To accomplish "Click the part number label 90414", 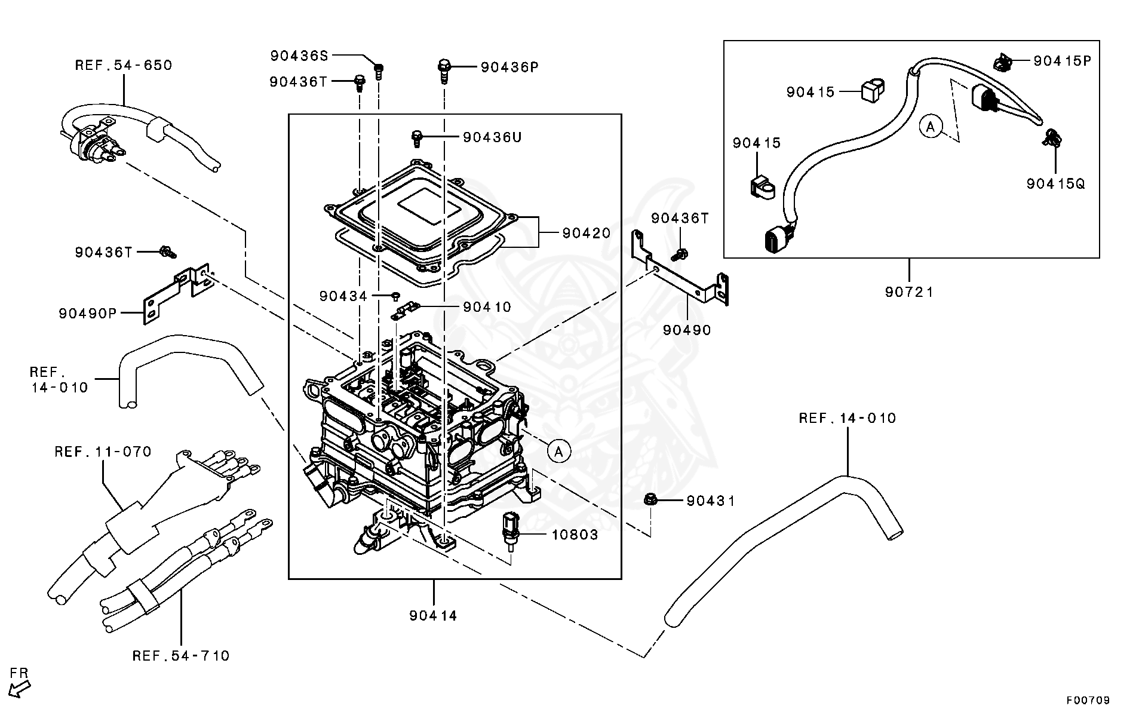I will tap(433, 615).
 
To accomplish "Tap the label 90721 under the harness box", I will tap(909, 292).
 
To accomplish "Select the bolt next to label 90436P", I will tap(444, 70).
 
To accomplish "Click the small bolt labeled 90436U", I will tap(417, 139).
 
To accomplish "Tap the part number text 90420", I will tap(586, 233).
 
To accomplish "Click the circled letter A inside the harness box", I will tap(931, 127).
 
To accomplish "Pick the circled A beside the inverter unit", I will tap(559, 452).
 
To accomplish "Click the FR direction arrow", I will tap(19, 687).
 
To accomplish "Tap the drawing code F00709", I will tap(1089, 699).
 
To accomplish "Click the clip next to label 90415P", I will tap(1002, 62).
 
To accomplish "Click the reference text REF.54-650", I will tap(124, 65).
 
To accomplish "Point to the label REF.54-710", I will tap(181, 656).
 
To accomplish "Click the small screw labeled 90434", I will tap(395, 295).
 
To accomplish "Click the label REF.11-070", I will tap(103, 452).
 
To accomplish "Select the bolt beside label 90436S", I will tap(378, 70).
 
